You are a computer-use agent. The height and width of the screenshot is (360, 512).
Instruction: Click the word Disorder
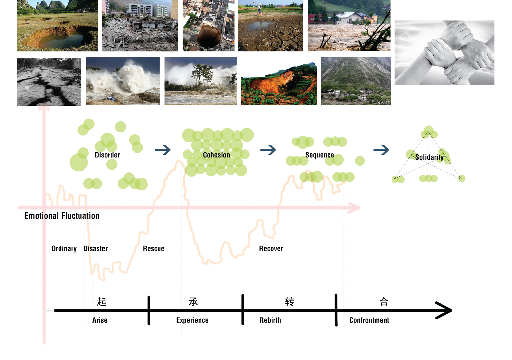tap(107, 155)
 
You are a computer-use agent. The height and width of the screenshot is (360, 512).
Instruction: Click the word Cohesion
tap(216, 155)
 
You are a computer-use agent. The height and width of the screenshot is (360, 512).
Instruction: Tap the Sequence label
tap(319, 155)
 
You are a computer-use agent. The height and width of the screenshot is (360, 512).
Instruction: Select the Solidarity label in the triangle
tap(429, 157)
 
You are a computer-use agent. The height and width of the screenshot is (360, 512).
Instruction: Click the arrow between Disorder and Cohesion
tap(163, 150)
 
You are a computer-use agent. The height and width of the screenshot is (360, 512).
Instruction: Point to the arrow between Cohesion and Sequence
tap(268, 150)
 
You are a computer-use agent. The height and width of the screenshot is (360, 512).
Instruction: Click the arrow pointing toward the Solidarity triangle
tap(381, 150)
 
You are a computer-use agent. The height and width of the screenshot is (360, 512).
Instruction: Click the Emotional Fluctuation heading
tap(62, 216)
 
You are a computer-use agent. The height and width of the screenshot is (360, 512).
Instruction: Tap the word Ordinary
tap(64, 249)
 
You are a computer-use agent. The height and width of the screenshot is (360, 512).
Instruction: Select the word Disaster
tap(95, 249)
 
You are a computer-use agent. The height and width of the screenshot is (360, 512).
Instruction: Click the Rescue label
tap(153, 249)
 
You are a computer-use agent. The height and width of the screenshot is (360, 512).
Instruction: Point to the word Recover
tap(271, 249)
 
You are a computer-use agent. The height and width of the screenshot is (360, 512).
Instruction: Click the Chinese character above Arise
tap(101, 302)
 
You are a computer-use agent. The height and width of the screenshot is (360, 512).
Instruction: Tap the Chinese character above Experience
tap(193, 302)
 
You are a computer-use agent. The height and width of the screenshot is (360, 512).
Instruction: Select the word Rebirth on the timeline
tap(270, 320)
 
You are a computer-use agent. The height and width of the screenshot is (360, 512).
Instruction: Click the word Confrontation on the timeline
tap(369, 320)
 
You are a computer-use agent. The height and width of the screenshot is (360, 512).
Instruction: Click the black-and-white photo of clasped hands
tap(444, 53)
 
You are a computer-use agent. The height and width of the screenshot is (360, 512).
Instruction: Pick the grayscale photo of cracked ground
tap(49, 82)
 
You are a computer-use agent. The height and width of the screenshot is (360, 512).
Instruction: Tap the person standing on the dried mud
tap(259, 9)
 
